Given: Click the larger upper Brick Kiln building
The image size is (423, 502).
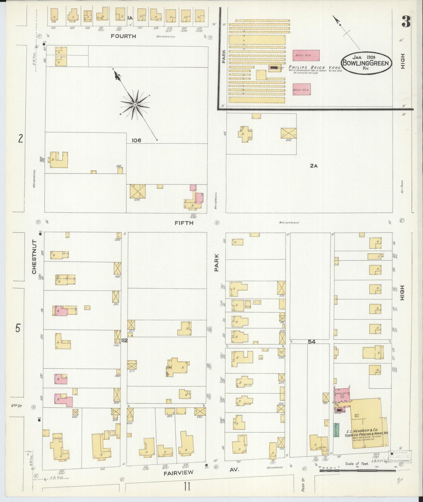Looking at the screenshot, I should pyautogui.click(x=306, y=55).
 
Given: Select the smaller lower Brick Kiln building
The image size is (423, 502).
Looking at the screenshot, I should pyautogui.click(x=302, y=89).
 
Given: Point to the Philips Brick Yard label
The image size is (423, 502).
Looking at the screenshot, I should pyautogui.click(x=314, y=68).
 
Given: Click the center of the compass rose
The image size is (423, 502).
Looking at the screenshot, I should pyautogui.click(x=135, y=105).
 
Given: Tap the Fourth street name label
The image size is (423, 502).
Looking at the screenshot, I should pyautogui.click(x=123, y=36).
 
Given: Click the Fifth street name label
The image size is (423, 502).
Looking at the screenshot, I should pyautogui.click(x=184, y=223).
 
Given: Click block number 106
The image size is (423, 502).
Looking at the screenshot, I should pyautogui.click(x=136, y=140).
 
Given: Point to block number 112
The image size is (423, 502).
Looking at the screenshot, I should pyautogui.click(x=125, y=340).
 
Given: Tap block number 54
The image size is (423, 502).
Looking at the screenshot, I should pyautogui.click(x=312, y=342).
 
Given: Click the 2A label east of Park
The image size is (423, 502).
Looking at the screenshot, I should pyautogui.click(x=314, y=166).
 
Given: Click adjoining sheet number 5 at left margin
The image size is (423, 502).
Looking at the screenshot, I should pyautogui.click(x=18, y=328).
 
